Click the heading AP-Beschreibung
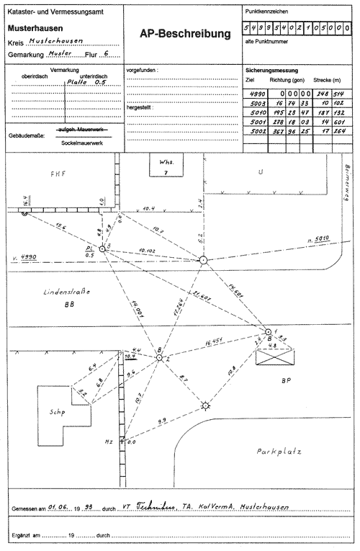pyautogui.click(x=185, y=34)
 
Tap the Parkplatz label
pyautogui.click(x=278, y=452)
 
